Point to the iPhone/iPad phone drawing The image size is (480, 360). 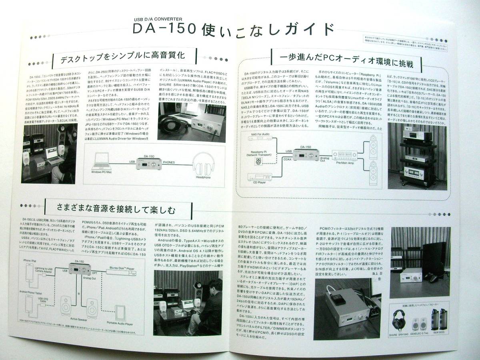pyautogui.click(x=30, y=276)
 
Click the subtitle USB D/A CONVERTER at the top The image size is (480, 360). pyautogui.click(x=157, y=19)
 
